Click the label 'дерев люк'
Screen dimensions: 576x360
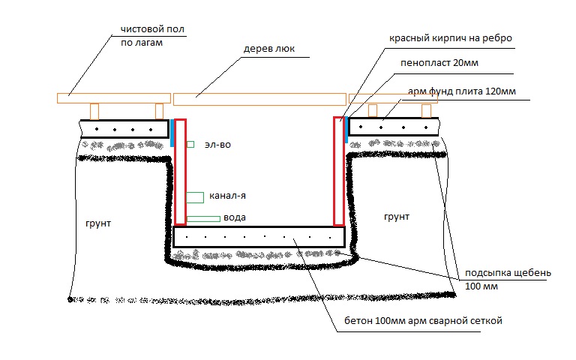269,49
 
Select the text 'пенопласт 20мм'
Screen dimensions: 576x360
439,63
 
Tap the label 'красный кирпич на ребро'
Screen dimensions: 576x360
450,38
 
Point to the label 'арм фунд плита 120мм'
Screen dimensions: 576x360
462,91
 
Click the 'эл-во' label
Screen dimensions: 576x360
217,145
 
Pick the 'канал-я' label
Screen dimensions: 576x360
227,196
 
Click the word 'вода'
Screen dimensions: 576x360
234,217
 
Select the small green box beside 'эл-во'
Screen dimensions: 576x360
190,144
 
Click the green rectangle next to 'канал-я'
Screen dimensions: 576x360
195,197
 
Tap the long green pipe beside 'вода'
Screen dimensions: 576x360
203,219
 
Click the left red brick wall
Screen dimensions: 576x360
180,172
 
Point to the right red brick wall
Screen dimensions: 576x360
339,171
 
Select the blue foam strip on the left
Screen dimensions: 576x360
172,133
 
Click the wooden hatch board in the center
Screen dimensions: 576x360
259,99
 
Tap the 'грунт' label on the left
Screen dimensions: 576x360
98,223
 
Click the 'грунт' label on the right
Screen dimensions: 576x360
397,217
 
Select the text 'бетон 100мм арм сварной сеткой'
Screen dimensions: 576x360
423,321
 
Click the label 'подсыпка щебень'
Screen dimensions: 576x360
508,273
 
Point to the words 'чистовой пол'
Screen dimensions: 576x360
152,29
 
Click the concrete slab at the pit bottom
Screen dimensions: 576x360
259,237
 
